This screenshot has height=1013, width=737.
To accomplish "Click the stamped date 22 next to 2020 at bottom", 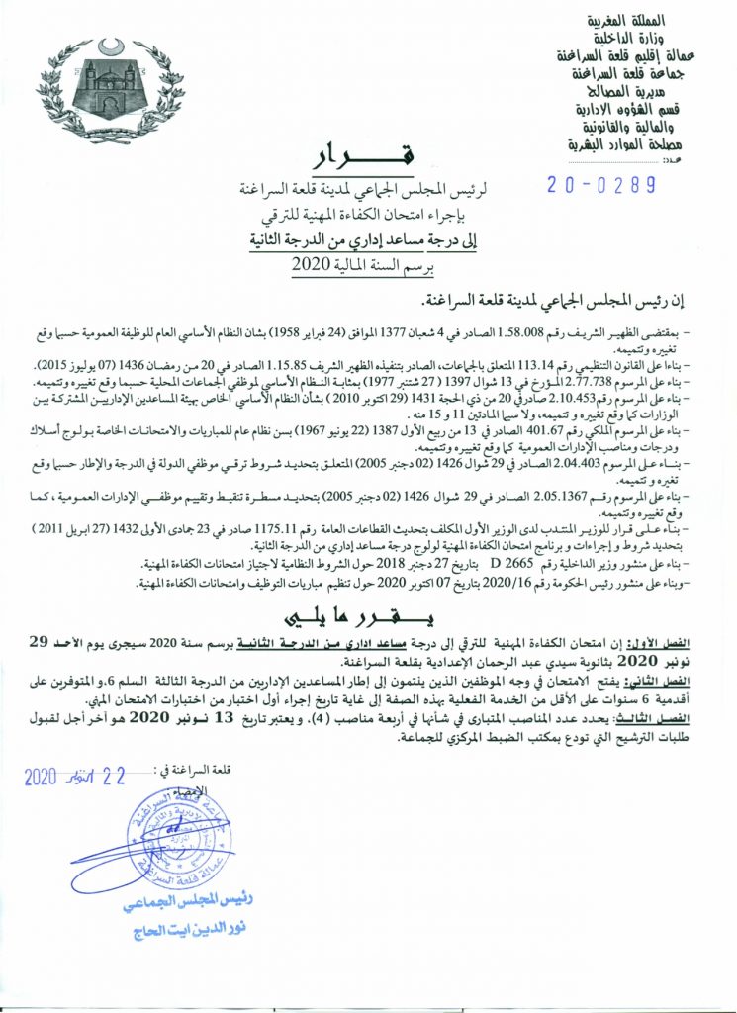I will click(118, 777).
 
